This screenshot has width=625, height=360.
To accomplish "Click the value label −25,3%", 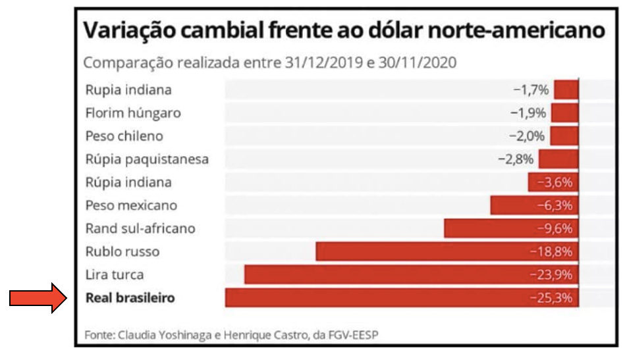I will [x=551, y=298].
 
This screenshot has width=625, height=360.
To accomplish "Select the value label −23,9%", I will [x=551, y=275].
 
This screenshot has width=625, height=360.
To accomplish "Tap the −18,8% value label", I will [x=551, y=251].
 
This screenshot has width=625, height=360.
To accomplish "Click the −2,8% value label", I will [x=516, y=159].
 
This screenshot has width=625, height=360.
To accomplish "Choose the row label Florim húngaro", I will [x=133, y=113].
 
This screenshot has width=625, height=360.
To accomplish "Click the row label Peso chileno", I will [x=124, y=136].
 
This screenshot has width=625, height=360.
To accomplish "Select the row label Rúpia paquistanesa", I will [x=147, y=159].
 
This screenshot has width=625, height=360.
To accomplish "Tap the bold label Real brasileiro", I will [x=130, y=298].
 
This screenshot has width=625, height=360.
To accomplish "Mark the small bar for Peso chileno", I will [x=564, y=136].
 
